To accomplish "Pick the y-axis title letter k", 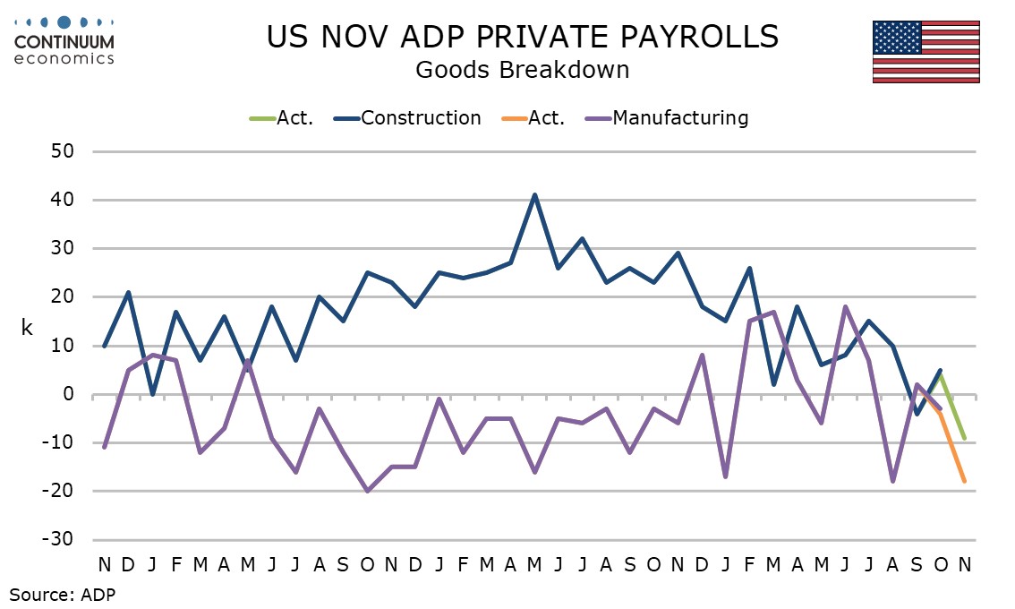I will pyautogui.click(x=27, y=328).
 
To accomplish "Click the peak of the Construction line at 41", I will pyautogui.click(x=534, y=194).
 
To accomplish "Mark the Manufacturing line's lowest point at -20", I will pyautogui.click(x=367, y=491).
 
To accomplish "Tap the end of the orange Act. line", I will pyautogui.click(x=964, y=481).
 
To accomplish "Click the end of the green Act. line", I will pyautogui.click(x=964, y=438).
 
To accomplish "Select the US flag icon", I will pyautogui.click(x=925, y=51).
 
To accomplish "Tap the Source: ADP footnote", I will pyautogui.click(x=63, y=593).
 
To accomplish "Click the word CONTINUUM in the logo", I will pyautogui.click(x=64, y=43).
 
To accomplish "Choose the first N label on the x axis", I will pyautogui.click(x=105, y=564).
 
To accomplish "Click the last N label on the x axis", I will pyautogui.click(x=964, y=564).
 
